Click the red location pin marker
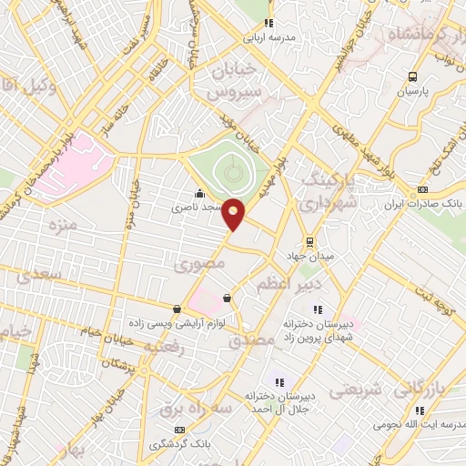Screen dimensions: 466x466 point(234,214)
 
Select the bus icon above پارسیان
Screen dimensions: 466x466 point(413,77)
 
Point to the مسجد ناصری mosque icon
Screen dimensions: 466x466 point(199,193)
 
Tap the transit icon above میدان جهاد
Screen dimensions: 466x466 point(310,242)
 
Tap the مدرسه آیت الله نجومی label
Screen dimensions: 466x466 point(417,425)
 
